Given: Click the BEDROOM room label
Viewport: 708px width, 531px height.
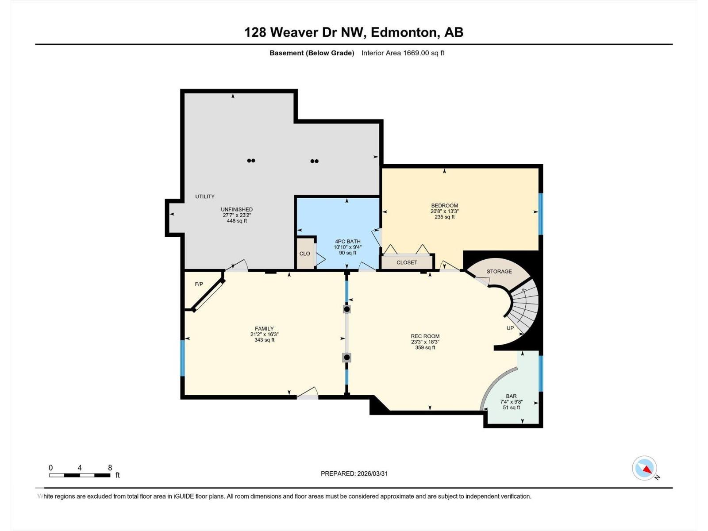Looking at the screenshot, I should (444, 205).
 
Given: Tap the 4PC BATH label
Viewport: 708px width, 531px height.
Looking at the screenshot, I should (347, 242).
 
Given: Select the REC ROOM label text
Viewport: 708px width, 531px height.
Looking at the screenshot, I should (425, 336).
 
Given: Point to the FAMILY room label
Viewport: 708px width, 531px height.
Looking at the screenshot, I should (264, 328).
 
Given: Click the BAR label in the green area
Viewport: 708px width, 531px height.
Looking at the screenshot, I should (511, 396).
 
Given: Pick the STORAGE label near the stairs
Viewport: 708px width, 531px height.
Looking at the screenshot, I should (499, 271).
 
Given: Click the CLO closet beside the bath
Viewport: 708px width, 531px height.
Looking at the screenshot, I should (304, 254).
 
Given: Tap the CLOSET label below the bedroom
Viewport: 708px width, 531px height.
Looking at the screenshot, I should (407, 262).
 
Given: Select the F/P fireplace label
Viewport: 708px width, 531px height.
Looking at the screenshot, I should (199, 284).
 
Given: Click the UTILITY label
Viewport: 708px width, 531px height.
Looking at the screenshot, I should (205, 196).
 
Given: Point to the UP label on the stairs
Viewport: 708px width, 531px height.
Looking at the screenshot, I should (510, 328).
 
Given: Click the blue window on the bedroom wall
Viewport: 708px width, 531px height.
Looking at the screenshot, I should (540, 214).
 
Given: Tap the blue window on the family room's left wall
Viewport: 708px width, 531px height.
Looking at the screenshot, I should (182, 358).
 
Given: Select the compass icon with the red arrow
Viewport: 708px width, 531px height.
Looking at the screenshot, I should (645, 468).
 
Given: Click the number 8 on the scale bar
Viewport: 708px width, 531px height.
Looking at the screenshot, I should (110, 468).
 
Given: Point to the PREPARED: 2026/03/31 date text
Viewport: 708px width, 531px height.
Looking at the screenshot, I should (354, 473).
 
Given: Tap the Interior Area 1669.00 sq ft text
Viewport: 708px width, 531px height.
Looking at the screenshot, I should (403, 53).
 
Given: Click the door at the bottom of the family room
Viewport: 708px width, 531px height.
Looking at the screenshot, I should (308, 396).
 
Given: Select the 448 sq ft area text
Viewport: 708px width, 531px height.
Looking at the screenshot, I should (237, 221).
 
